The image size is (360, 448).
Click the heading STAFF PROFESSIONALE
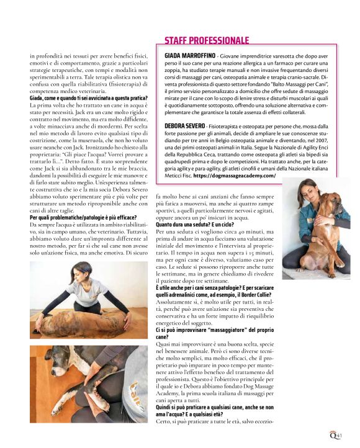(206, 40)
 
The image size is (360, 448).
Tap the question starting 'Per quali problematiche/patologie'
(87, 218)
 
